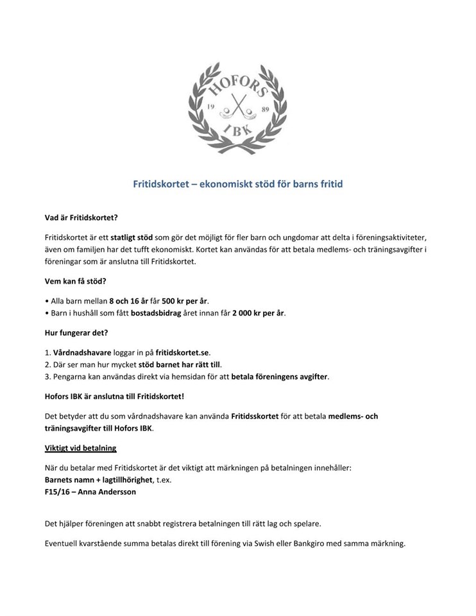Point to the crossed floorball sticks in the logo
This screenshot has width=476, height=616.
tap(238, 106)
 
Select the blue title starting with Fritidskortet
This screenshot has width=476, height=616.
tap(238, 184)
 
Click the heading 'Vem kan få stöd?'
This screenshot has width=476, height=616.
tap(74, 280)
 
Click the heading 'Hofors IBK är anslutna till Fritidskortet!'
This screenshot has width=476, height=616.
tap(115, 396)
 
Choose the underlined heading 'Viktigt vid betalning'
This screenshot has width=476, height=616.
tap(80, 447)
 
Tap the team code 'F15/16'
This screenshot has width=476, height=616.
tap(57, 492)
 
